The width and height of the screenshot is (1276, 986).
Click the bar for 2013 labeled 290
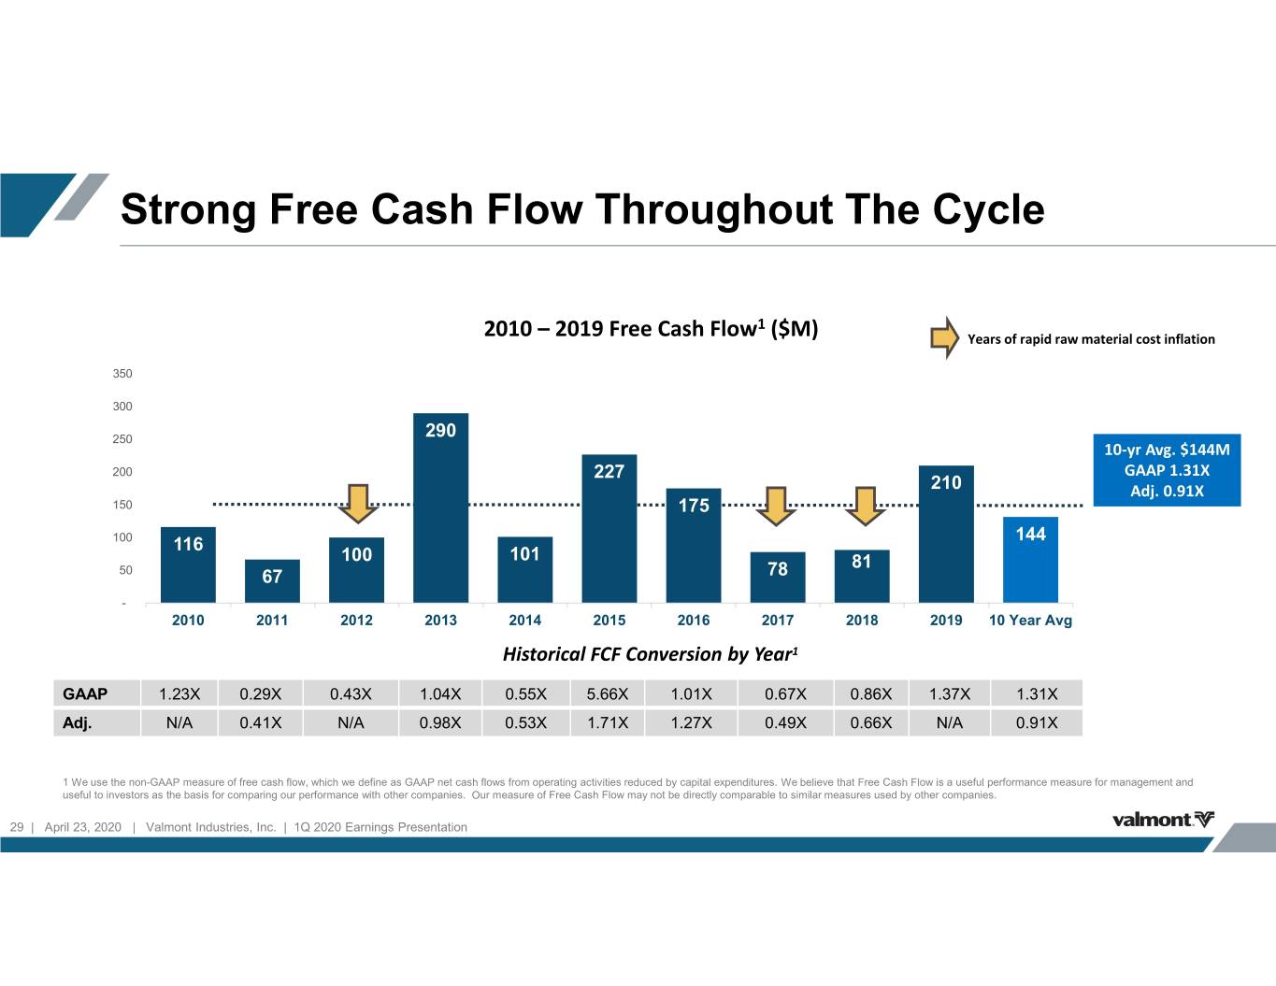click(440, 507)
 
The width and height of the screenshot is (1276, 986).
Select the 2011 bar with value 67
click(272, 581)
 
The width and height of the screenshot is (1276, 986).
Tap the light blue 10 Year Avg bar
click(1030, 560)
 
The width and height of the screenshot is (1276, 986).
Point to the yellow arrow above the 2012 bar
click(358, 503)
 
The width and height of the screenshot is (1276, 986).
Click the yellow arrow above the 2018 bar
click(865, 506)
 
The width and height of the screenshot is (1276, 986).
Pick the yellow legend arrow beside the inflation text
click(944, 337)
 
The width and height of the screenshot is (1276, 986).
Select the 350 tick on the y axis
click(122, 373)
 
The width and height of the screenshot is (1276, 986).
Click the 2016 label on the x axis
click(694, 620)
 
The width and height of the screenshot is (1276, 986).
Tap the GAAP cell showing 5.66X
click(608, 693)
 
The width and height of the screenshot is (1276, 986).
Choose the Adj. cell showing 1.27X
click(691, 722)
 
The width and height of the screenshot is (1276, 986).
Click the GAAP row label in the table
click(85, 693)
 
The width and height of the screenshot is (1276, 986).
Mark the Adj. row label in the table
click(77, 722)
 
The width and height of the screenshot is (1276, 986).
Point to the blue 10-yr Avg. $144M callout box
click(1167, 470)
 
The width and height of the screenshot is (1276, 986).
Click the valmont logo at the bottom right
click(1163, 820)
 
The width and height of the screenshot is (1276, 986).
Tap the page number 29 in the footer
click(17, 827)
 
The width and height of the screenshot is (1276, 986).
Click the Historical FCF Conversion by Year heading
click(651, 654)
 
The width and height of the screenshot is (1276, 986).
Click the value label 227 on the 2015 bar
click(609, 471)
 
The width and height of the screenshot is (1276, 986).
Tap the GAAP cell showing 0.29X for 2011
click(260, 693)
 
